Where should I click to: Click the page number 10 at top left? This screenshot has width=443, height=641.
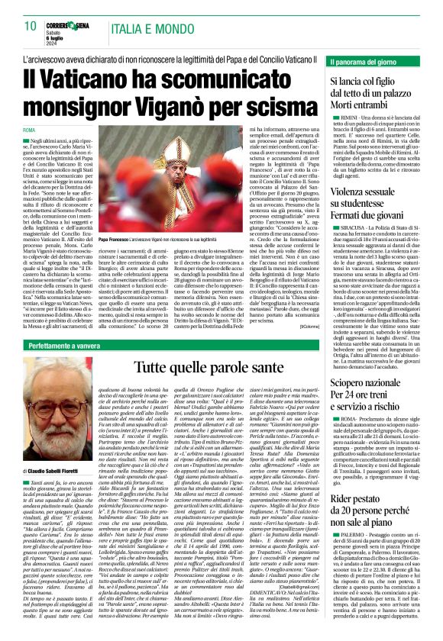coord(31,26)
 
